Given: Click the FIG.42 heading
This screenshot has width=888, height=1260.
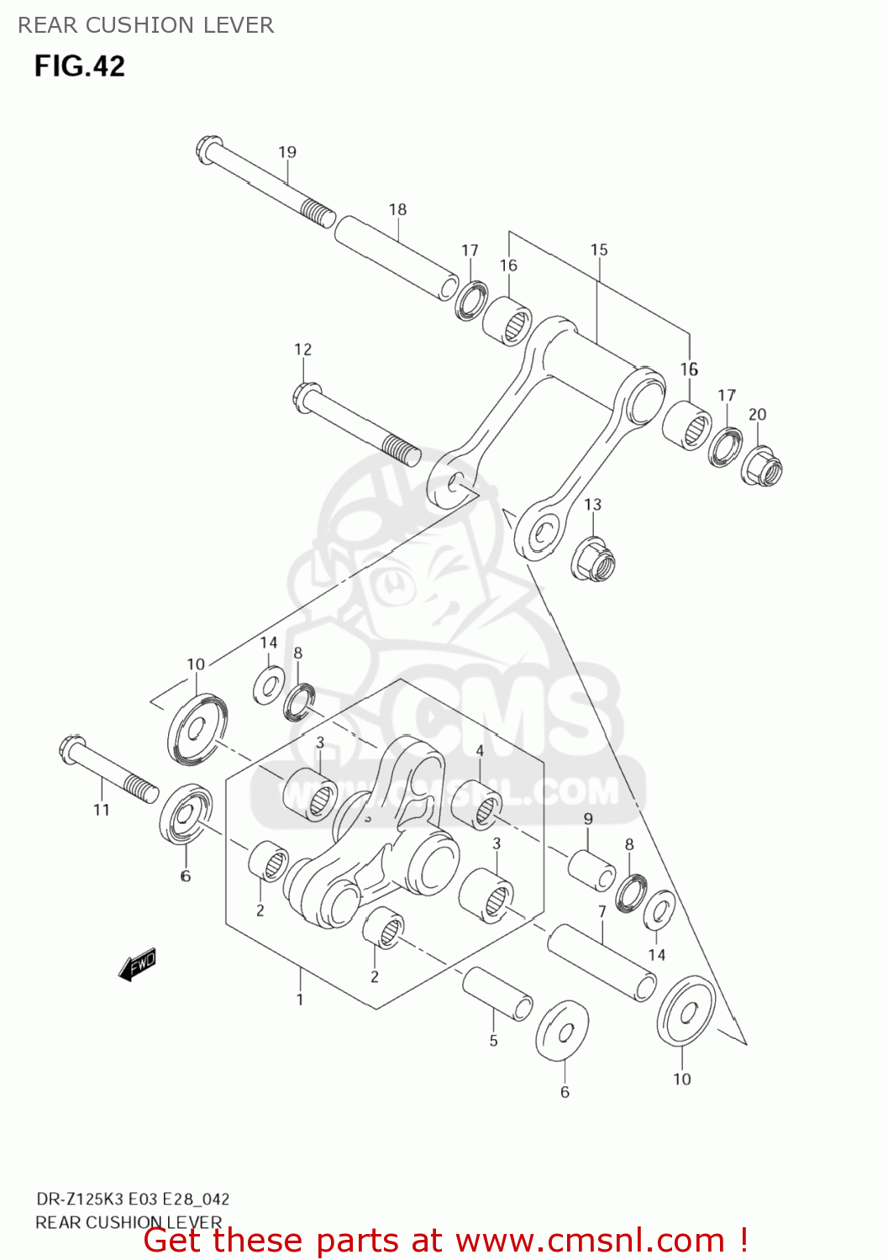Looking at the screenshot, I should [x=80, y=66].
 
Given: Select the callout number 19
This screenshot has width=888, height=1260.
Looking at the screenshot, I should [x=287, y=152].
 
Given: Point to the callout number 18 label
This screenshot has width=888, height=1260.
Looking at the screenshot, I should [x=397, y=209].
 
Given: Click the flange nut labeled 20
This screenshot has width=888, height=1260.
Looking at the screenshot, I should [x=762, y=467].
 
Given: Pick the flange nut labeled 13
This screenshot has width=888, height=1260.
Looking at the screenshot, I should [x=594, y=559].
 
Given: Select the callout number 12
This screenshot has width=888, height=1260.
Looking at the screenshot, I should [x=302, y=349].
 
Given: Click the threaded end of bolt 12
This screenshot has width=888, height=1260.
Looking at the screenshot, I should [x=402, y=450].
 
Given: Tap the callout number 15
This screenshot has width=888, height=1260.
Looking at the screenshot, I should [x=599, y=250].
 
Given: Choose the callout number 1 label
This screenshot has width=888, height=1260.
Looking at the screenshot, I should [x=300, y=1000].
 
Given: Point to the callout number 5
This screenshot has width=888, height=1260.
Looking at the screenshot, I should [x=493, y=1041].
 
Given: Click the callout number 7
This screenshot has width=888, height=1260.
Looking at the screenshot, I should [x=602, y=911].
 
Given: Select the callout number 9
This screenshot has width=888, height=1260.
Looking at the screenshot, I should [x=588, y=818].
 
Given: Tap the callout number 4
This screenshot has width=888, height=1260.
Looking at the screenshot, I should [x=480, y=750].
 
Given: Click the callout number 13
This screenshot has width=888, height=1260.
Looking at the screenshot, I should [x=593, y=504].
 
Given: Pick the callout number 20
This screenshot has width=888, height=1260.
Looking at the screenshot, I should [x=757, y=414].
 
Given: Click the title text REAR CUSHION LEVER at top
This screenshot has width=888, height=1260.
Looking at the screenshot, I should [x=146, y=25].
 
